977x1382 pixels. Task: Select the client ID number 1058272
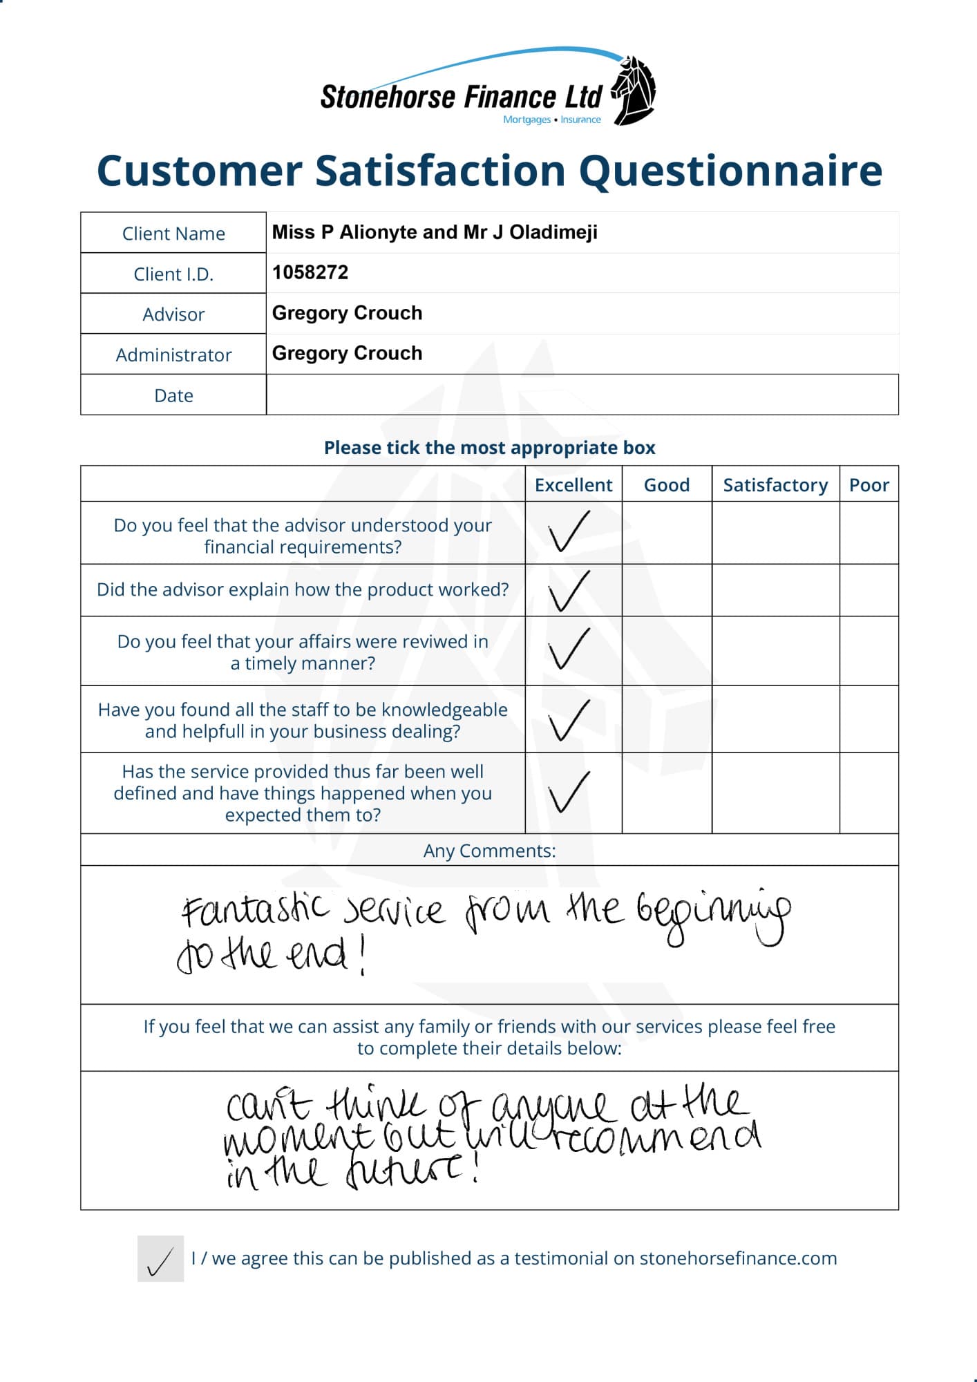pyautogui.click(x=310, y=272)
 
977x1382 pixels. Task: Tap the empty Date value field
pyautogui.click(x=582, y=395)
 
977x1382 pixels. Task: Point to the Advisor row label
pyautogui.click(x=173, y=314)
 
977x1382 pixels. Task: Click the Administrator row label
pyautogui.click(x=173, y=355)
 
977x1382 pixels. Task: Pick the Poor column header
pyautogui.click(x=869, y=485)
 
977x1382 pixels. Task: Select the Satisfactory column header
pyautogui.click(x=775, y=485)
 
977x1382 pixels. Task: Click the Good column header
pyautogui.click(x=667, y=485)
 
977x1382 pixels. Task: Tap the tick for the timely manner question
pyautogui.click(x=569, y=649)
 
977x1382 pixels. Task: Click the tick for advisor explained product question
pyautogui.click(x=569, y=591)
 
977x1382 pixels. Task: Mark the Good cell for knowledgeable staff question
pyautogui.click(x=667, y=719)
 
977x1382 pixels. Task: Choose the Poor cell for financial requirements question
pyautogui.click(x=869, y=533)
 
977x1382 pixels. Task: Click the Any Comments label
pyautogui.click(x=489, y=851)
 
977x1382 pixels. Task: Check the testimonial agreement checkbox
pyautogui.click(x=160, y=1259)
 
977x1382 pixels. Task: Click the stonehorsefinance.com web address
pyautogui.click(x=738, y=1258)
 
